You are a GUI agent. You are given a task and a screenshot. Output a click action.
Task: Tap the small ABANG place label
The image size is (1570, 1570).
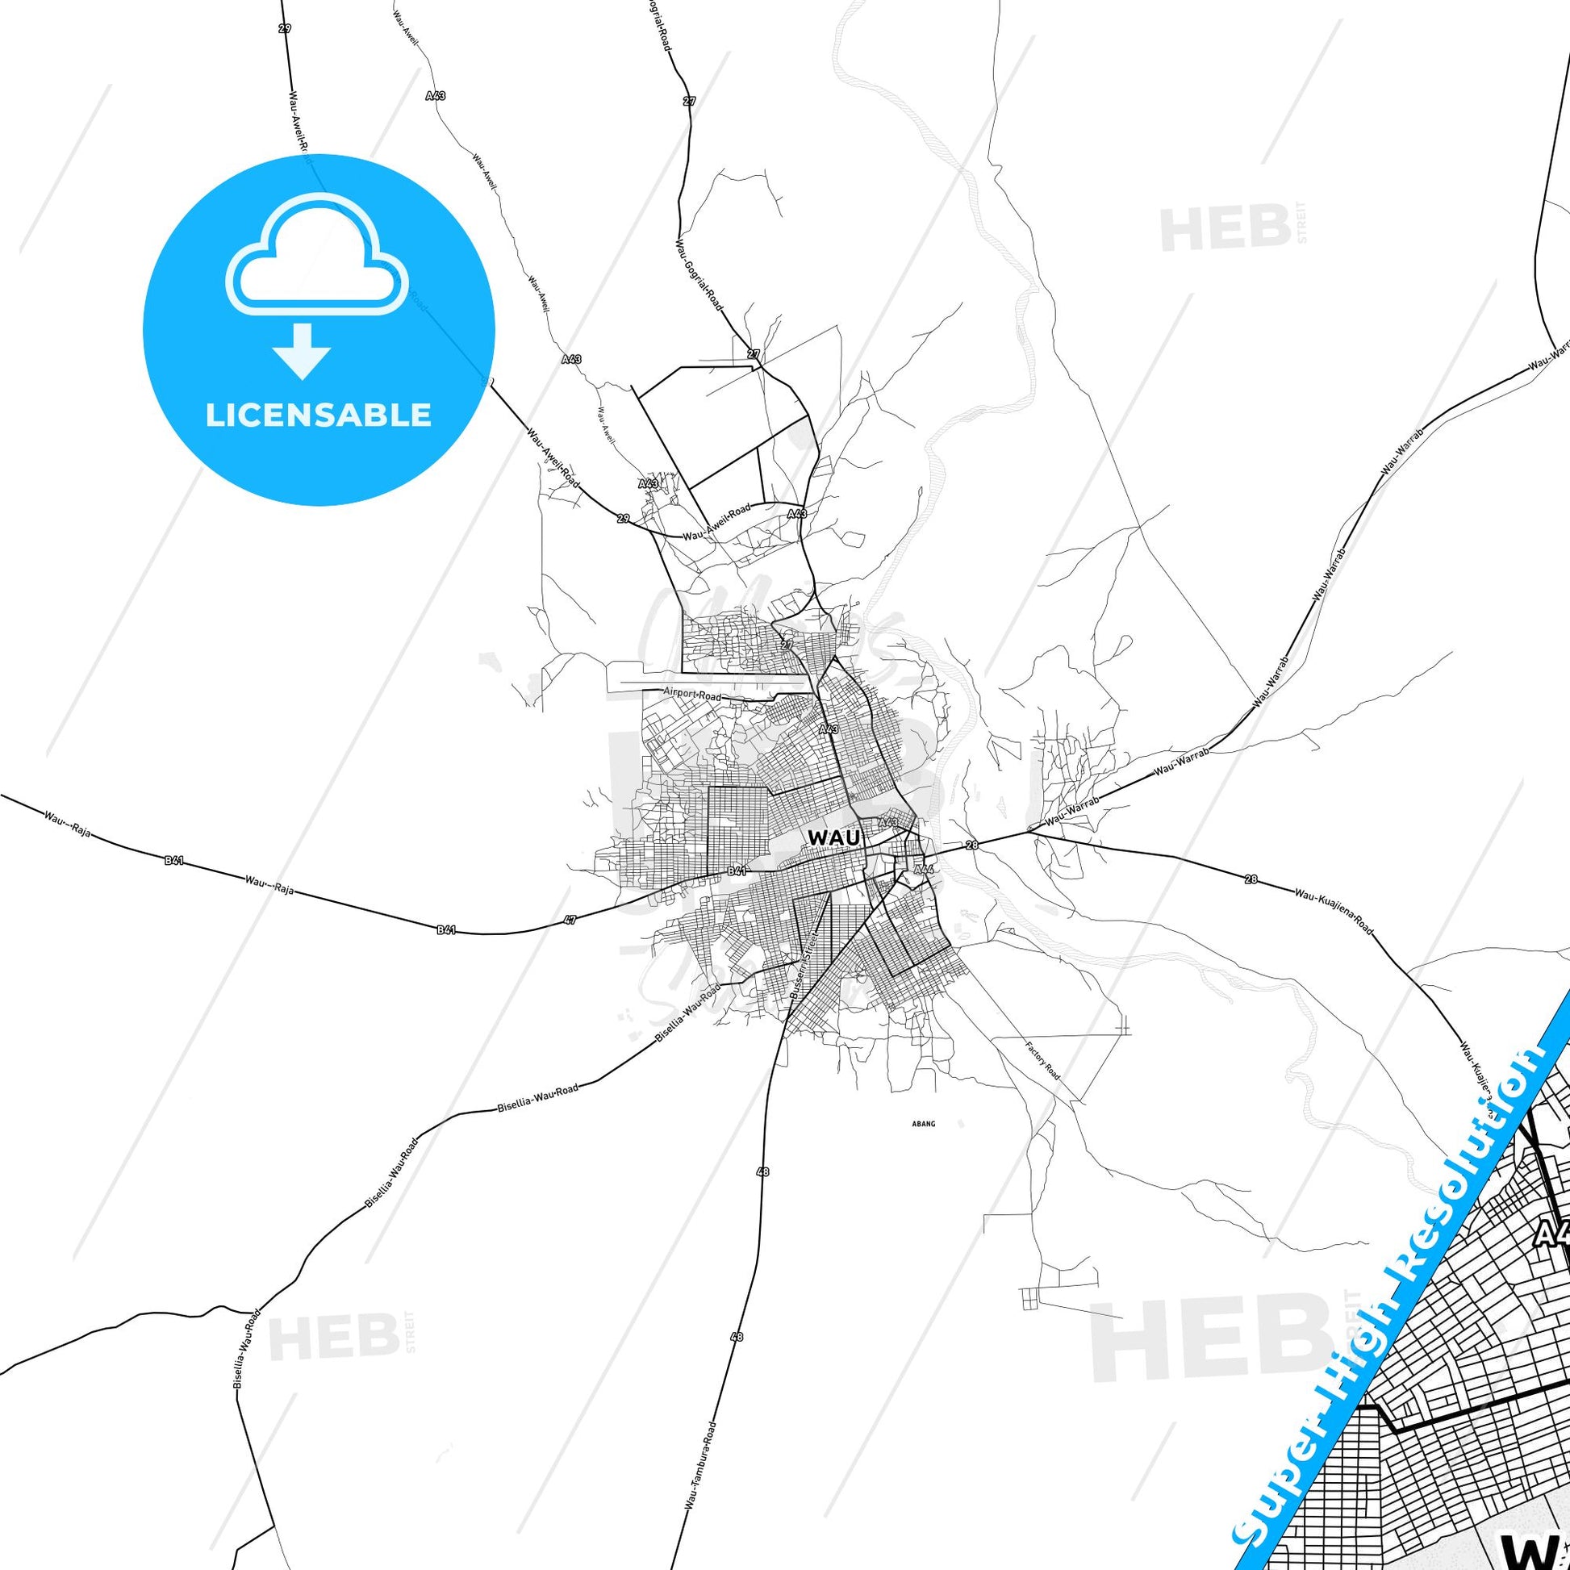(x=925, y=1124)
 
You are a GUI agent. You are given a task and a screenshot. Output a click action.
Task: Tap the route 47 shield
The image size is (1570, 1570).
(x=570, y=920)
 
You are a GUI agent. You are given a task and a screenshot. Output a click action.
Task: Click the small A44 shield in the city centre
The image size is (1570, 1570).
(x=922, y=869)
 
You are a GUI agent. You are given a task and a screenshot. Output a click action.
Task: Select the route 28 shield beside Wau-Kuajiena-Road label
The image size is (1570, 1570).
(x=1251, y=879)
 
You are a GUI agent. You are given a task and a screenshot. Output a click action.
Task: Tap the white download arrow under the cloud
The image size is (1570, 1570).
(x=303, y=350)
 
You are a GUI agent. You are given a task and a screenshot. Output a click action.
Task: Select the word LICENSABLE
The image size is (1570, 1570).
(x=319, y=415)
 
